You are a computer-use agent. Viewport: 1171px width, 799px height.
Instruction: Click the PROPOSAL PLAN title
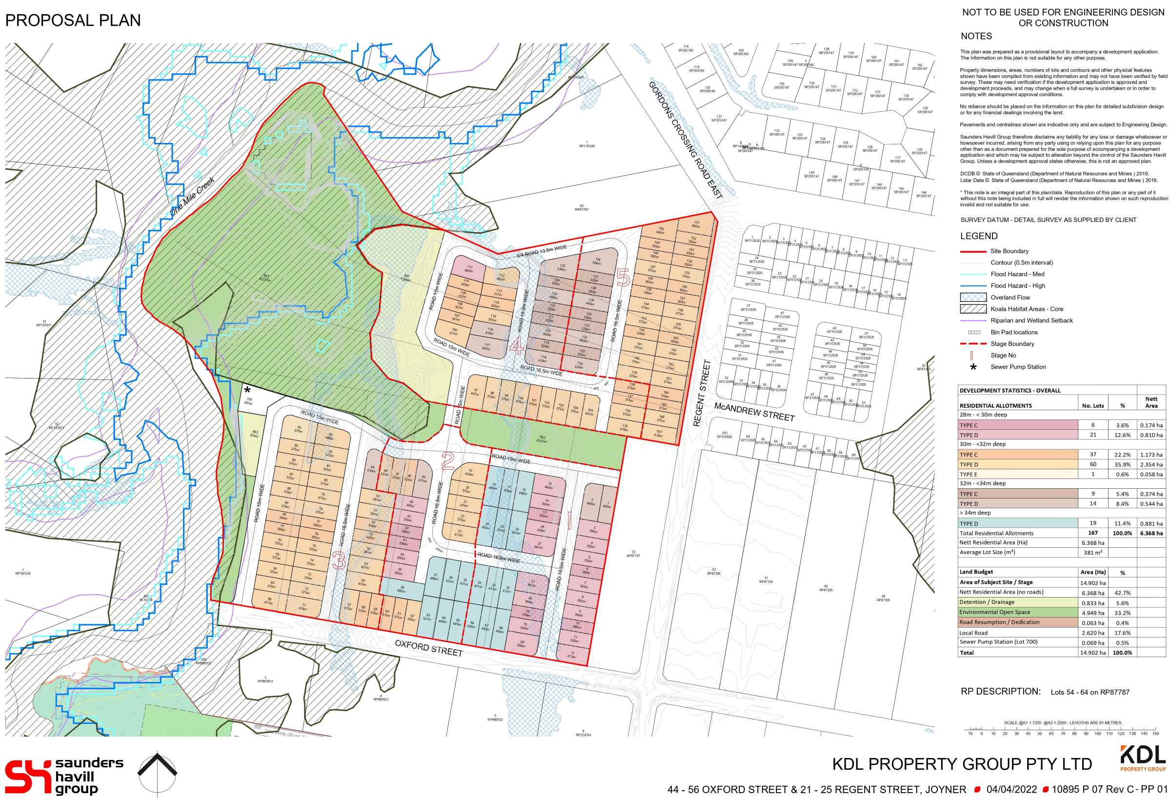click(x=73, y=20)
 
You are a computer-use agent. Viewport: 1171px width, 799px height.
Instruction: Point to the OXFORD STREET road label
click(x=428, y=648)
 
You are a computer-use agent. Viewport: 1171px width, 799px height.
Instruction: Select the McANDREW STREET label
click(x=754, y=412)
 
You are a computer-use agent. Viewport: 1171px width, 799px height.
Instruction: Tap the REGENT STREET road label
click(x=702, y=394)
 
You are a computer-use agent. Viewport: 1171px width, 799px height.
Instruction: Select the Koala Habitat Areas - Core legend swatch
click(x=973, y=309)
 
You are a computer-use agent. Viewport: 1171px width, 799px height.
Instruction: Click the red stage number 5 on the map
click(x=623, y=277)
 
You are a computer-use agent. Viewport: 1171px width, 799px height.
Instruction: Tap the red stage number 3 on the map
click(x=339, y=560)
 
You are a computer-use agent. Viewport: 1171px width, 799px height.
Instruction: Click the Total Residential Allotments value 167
click(x=1092, y=533)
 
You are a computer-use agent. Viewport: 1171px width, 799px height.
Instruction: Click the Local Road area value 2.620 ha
click(x=1092, y=633)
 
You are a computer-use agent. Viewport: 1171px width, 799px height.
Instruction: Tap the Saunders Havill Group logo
click(x=64, y=777)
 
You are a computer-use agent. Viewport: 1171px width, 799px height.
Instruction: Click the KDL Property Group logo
click(x=1142, y=759)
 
